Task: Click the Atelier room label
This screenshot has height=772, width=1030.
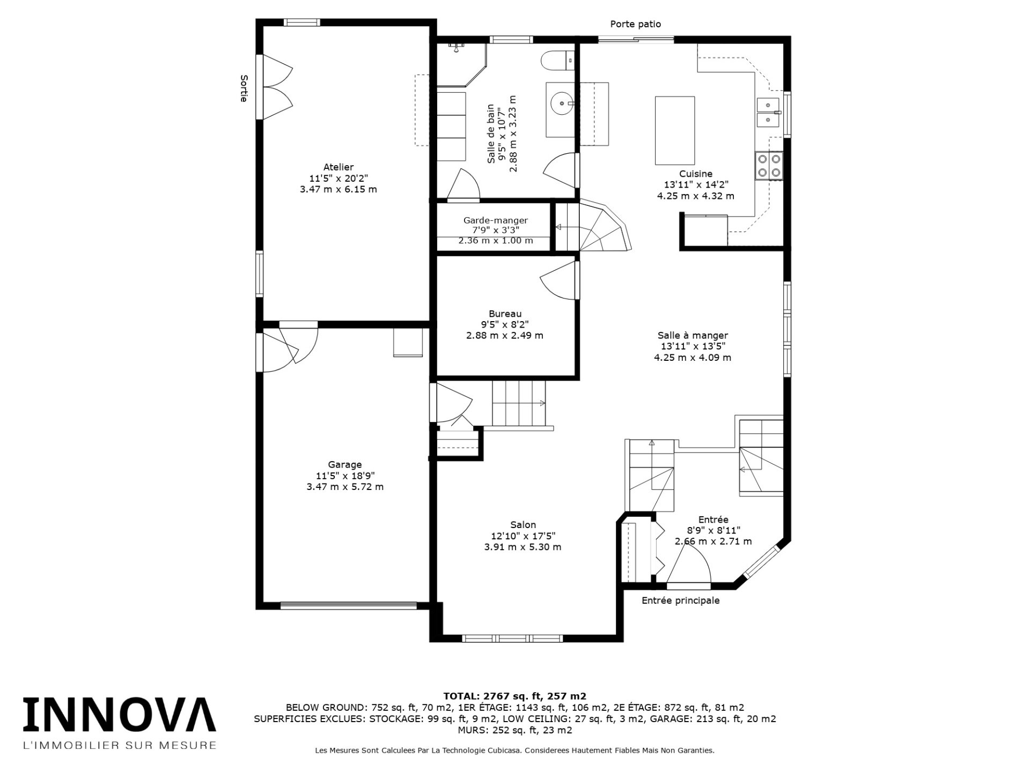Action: point(338,167)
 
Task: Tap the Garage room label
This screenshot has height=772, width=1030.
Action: point(345,465)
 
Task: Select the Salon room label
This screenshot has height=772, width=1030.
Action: point(523,525)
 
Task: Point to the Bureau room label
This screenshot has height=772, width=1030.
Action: point(505,314)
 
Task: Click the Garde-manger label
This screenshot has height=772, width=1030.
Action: point(496,220)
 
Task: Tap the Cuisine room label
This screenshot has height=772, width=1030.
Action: point(696,174)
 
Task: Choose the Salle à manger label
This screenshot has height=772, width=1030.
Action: point(693,336)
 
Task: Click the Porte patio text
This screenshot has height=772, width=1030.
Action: point(635,24)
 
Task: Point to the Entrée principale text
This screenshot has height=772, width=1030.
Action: point(681,600)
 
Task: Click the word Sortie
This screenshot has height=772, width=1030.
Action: point(244,88)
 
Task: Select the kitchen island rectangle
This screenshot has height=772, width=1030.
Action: point(675,130)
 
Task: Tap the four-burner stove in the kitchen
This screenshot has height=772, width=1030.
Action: point(769,166)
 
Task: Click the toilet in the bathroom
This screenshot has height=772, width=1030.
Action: point(557,60)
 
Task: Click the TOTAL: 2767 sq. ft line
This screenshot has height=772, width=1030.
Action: point(514,696)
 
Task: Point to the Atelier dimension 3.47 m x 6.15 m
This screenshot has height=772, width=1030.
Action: point(338,189)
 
